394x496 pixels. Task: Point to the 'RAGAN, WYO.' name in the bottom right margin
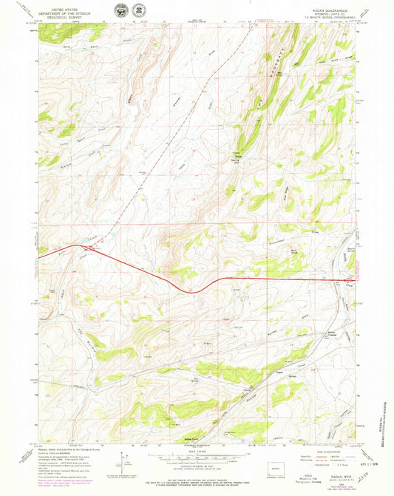pos(326,458)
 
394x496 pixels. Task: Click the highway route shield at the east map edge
pos(353,280)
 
